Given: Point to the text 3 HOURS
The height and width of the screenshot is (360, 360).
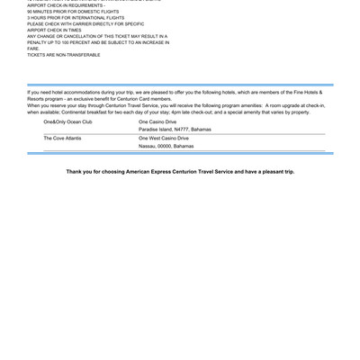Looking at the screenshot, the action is click(x=39, y=17).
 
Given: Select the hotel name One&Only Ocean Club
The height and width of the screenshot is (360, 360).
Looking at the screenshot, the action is click(x=67, y=121).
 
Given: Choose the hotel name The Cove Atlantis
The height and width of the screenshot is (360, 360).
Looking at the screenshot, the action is click(x=63, y=138).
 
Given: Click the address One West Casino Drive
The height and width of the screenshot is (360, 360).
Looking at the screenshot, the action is click(x=164, y=138).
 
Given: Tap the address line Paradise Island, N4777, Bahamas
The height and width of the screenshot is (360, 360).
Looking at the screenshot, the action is click(x=175, y=129).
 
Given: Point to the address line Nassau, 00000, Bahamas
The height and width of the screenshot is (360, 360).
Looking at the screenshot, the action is click(x=166, y=146).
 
